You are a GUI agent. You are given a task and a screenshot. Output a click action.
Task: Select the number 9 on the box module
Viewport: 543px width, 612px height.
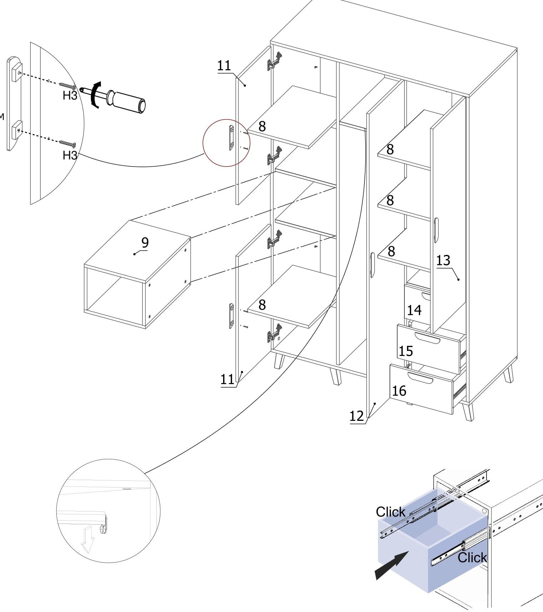145,243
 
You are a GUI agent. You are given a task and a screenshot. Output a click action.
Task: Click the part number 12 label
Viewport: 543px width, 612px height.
356,416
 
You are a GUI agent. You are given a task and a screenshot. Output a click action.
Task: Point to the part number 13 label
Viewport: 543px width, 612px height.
443,261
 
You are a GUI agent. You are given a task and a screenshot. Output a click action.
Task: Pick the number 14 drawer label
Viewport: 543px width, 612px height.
414,310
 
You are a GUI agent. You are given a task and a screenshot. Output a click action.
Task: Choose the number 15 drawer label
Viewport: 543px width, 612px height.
406,351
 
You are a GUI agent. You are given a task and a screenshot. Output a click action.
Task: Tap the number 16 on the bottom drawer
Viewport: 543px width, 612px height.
399,391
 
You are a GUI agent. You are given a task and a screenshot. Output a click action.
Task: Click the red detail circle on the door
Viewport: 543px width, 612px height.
226,143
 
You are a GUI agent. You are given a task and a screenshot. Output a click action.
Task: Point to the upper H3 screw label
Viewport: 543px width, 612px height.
70,95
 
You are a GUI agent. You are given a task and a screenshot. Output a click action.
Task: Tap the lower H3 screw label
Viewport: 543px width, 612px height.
70,155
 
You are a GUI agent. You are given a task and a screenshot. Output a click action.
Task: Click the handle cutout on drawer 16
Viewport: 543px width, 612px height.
421,378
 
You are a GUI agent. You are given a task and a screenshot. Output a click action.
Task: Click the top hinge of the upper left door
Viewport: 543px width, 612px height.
275,61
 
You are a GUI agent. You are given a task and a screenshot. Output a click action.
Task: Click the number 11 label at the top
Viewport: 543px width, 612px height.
224,66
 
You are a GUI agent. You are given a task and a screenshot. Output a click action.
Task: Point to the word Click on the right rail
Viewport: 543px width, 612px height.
472,557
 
